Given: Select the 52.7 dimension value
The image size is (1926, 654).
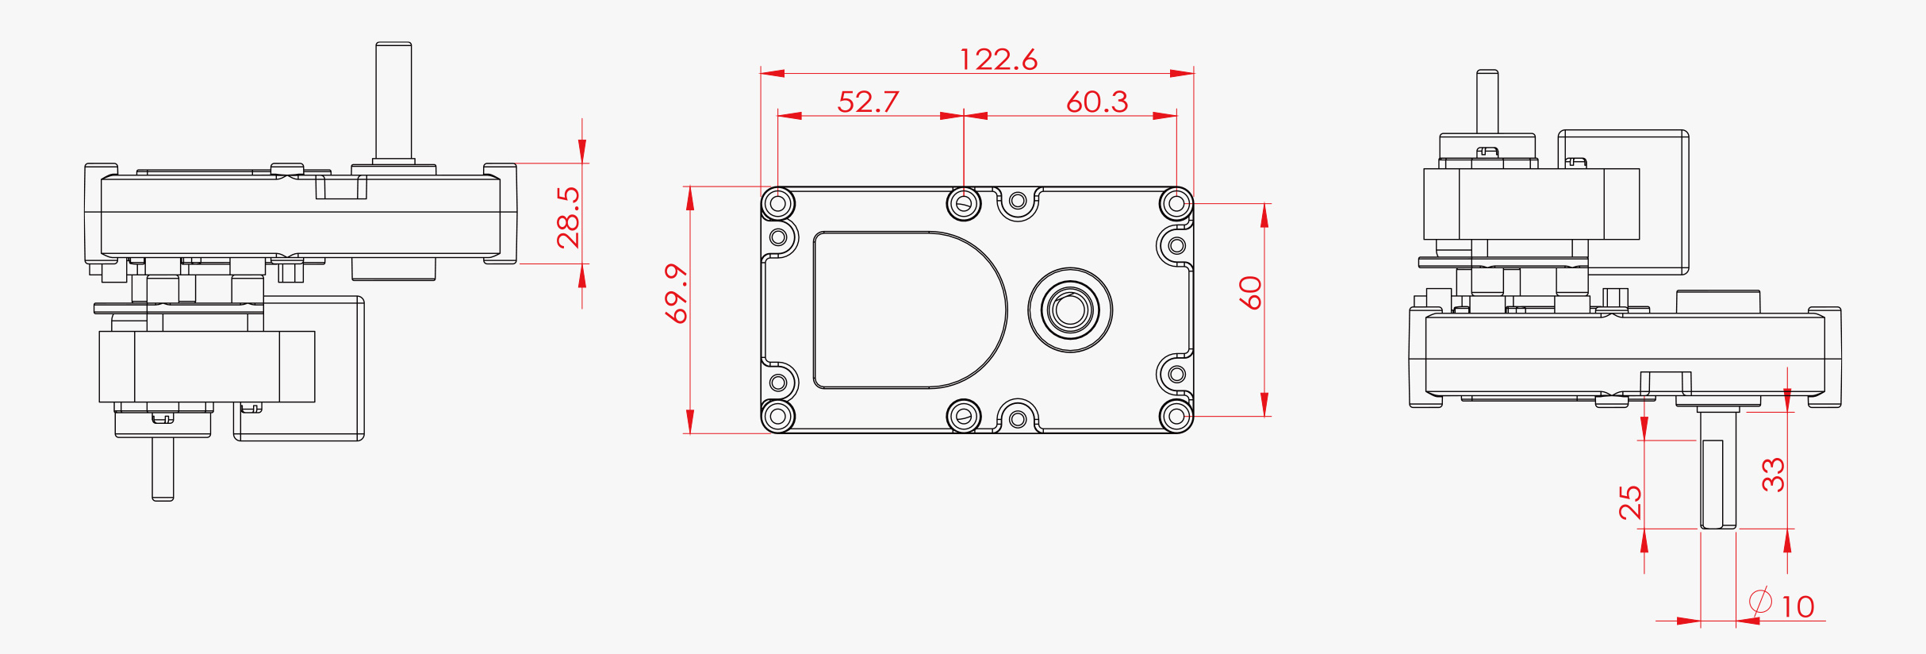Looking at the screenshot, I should pyautogui.click(x=868, y=102).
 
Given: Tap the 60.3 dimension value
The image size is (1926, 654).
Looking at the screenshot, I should pyautogui.click(x=1096, y=102).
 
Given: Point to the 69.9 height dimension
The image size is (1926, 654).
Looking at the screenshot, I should pyautogui.click(x=677, y=294).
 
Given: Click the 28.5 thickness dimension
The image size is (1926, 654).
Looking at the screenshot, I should pyautogui.click(x=568, y=217).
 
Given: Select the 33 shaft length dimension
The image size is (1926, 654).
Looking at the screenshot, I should pyautogui.click(x=1773, y=475).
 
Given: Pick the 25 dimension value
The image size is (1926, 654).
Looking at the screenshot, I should pyautogui.click(x=1630, y=502).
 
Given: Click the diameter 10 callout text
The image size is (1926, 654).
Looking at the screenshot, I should pyautogui.click(x=1797, y=607).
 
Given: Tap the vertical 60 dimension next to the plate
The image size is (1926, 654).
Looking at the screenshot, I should pyautogui.click(x=1250, y=293).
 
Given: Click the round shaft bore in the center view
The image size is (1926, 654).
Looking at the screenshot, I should pyautogui.click(x=1070, y=310).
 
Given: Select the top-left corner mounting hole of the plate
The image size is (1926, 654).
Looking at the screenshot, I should pyautogui.click(x=778, y=204).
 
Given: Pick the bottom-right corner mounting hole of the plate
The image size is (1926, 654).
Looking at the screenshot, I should pyautogui.click(x=1176, y=416).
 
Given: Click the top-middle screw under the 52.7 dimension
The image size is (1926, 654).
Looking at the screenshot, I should pyautogui.click(x=964, y=203).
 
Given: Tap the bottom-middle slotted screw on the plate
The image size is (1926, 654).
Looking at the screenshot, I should pyautogui.click(x=964, y=416).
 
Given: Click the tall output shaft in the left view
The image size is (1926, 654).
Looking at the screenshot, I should pyautogui.click(x=393, y=99).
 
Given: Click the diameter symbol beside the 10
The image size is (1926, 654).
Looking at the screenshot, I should pyautogui.click(x=1760, y=601).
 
